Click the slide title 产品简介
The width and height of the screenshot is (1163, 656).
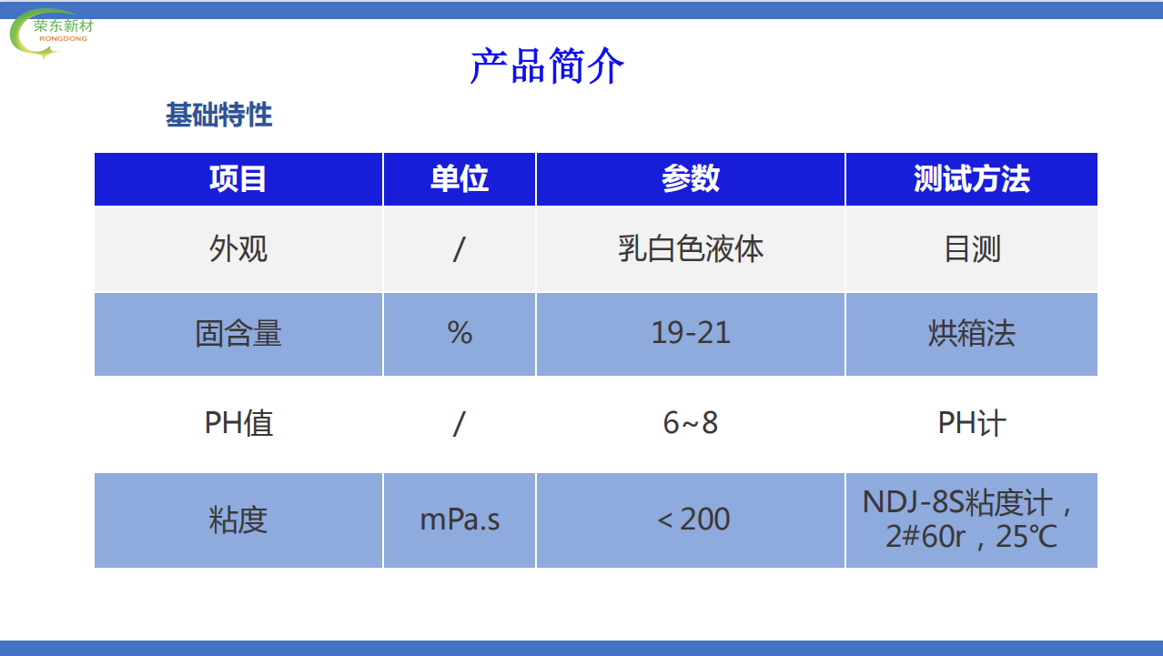547,66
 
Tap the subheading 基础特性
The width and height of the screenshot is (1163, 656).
218,115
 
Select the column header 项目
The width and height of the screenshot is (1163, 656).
238,179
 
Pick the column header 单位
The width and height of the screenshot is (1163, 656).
460,179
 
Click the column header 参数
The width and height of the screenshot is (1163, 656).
691,179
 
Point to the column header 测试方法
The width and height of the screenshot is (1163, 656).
971,179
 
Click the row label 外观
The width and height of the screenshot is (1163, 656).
238,249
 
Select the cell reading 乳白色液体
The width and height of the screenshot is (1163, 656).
691,249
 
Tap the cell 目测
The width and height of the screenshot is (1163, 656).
972,249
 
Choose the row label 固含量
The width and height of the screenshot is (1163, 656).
238,333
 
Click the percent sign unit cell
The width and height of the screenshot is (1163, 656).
460,333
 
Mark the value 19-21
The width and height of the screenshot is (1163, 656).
691,333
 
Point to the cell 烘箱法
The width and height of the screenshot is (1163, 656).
971,333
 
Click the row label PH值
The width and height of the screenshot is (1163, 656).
238,423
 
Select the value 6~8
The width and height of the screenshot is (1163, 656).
691,423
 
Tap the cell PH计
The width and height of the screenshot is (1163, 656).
972,423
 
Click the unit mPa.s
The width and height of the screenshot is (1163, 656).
460,520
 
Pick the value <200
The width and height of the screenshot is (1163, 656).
693,519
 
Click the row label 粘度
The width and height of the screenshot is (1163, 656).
238,520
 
